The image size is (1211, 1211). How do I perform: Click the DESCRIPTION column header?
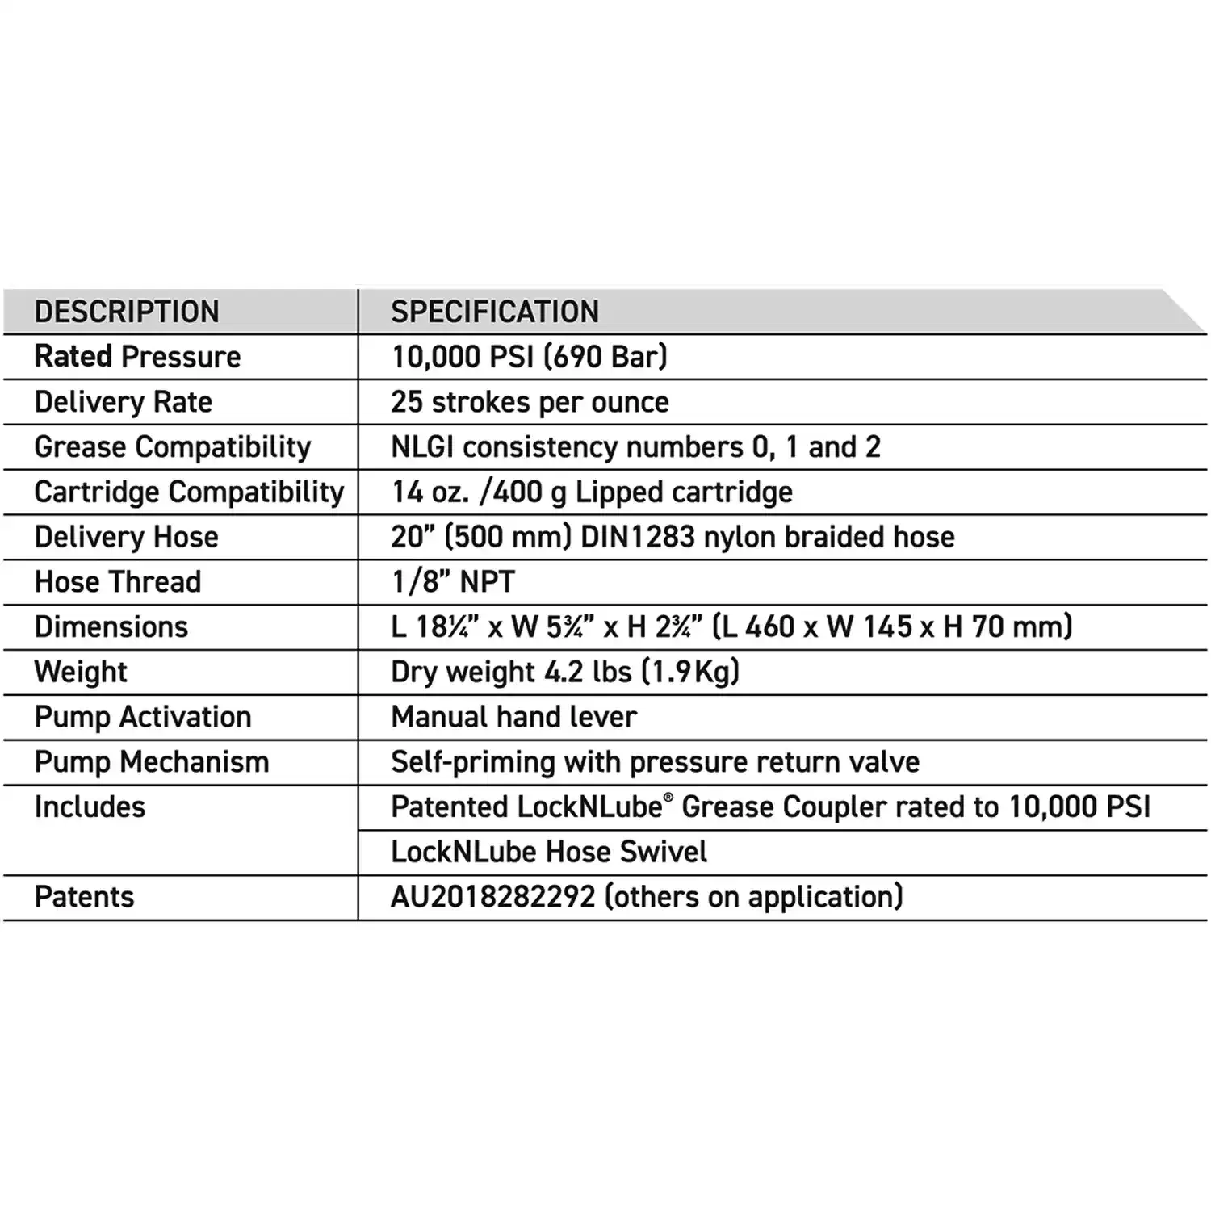pos(127,312)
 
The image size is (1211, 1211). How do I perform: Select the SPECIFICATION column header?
pos(495,312)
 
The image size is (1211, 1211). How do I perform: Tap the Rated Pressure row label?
pos(137,357)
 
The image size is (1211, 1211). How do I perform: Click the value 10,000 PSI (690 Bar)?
pos(530,357)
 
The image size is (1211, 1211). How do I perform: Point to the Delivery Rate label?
pos(124,402)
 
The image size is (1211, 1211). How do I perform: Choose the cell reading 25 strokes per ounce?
pos(530,402)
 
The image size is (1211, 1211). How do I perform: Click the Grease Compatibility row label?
pos(173,447)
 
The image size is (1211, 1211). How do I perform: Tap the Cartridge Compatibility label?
pos(190,492)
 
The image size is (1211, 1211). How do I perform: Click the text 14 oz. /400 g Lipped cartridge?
pos(592,492)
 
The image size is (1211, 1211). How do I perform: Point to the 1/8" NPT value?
pos(453,582)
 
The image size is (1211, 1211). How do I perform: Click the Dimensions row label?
pos(111,627)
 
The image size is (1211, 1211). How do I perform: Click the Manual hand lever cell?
pos(514,717)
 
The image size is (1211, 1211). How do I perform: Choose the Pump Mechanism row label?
pos(152,762)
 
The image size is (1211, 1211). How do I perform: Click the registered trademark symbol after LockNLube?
pos(668,798)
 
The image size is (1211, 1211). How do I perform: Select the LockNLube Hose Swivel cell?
pos(549,852)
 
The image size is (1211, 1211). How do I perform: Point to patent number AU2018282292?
pos(493,897)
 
